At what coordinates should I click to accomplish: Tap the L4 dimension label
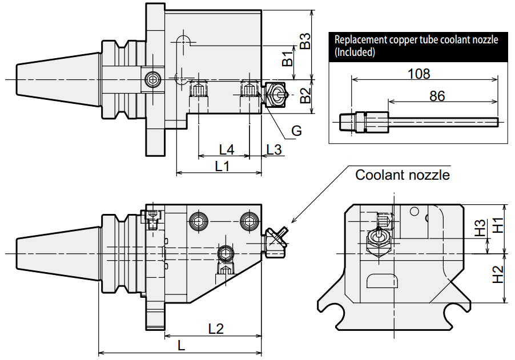[x=227, y=149]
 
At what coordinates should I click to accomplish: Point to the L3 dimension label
[x=274, y=149]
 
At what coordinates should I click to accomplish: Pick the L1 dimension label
[x=222, y=166]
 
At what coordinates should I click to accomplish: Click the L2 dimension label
[x=216, y=329]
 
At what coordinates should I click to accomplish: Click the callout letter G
[x=296, y=131]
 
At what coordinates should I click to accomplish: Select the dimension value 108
[x=419, y=74]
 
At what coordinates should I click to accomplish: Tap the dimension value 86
[x=437, y=96]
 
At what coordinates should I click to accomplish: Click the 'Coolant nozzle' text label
[x=403, y=175]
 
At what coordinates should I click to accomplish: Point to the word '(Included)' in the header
[x=355, y=52]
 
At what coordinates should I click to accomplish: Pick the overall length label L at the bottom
[x=182, y=345]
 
